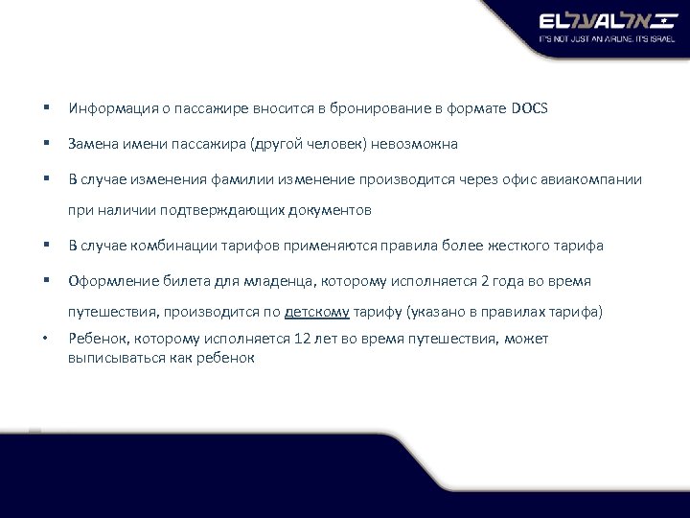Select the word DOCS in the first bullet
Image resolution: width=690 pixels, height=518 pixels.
[x=530, y=108]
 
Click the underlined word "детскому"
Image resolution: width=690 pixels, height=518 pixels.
[x=317, y=311]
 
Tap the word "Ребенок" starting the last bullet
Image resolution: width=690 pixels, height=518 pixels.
[x=96, y=339]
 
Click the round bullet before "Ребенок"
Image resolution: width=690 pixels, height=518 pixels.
[x=46, y=339]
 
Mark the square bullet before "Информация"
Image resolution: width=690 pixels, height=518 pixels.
[x=46, y=108]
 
